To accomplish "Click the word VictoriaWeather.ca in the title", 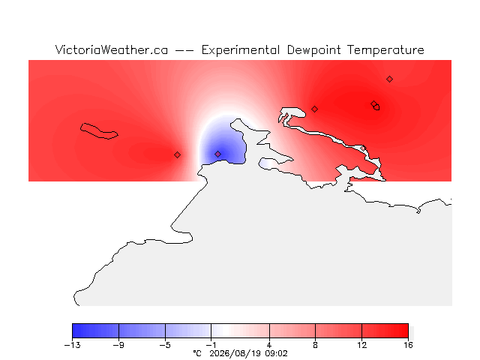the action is point(112,50).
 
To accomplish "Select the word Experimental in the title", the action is point(241,50).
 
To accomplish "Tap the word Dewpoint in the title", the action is point(313,50).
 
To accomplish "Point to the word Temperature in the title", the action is point(385,50).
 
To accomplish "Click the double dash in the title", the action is point(184,50).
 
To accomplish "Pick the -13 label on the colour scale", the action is point(73,345).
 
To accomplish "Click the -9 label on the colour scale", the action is point(118,345).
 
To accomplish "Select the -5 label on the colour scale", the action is point(165,345).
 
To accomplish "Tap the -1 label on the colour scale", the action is point(211,345).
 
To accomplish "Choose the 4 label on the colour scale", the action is point(269,345).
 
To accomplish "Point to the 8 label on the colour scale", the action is point(315,345).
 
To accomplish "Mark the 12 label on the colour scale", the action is point(361,345).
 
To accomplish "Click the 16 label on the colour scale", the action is point(408,345).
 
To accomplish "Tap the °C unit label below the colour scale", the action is point(197,353).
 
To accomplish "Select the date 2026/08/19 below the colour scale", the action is point(235,354).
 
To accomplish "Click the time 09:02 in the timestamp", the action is point(277,354).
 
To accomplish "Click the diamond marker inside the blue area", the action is point(217,154).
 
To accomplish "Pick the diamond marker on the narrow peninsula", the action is point(363,148).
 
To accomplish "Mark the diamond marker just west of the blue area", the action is point(177,155).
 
